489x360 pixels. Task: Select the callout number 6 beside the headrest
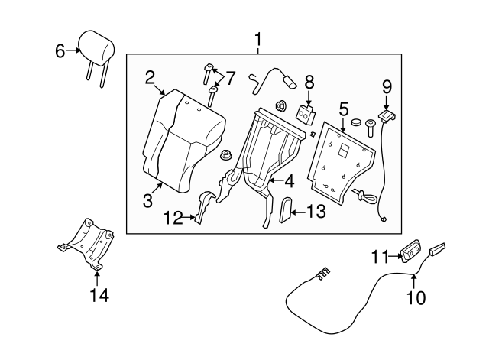[x=60, y=51]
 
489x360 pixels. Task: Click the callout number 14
[x=99, y=295]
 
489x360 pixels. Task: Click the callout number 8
[x=309, y=81]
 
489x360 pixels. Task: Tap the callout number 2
[x=150, y=76]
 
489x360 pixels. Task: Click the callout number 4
[x=288, y=182]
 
